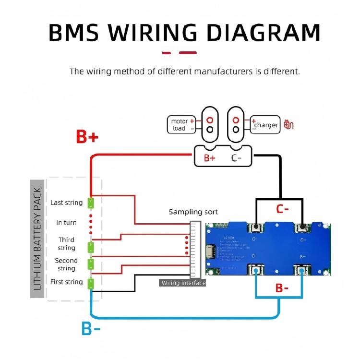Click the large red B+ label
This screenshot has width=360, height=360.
coord(87,137)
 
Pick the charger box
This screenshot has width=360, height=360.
coord(265,125)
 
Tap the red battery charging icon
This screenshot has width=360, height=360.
coord(289,125)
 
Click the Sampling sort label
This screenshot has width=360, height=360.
coord(193,212)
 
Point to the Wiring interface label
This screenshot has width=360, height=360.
coord(183,283)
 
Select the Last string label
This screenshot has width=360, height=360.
coord(66,203)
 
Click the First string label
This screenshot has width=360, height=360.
coord(66,282)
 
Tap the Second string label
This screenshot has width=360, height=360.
coord(66,264)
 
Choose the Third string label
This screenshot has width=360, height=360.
coord(66,244)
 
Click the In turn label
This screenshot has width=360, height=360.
coord(66,223)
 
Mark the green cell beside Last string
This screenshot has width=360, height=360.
coord(91,203)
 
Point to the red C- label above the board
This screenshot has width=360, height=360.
coord(282,209)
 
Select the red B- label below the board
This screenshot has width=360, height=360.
coord(282,288)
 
